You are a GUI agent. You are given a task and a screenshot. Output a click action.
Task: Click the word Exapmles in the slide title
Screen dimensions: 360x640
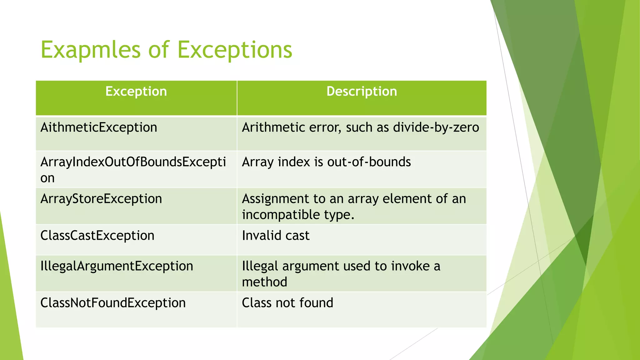tap(91, 50)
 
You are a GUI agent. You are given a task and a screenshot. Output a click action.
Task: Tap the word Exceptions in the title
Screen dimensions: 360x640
tap(235, 50)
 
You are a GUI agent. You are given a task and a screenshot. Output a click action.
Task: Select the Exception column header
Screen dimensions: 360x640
tap(136, 91)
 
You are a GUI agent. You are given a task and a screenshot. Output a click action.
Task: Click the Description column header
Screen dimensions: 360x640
tap(362, 91)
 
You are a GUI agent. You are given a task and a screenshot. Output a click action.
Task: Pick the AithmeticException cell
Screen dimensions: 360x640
tap(99, 127)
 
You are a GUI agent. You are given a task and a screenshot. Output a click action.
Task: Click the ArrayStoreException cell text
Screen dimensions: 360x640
tap(101, 199)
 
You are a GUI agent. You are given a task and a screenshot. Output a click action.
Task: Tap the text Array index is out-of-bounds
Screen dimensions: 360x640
tap(326, 162)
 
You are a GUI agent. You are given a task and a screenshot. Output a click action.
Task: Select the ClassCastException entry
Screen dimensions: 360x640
tap(97, 236)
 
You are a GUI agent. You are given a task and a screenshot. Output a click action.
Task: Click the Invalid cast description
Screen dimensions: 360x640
tap(276, 236)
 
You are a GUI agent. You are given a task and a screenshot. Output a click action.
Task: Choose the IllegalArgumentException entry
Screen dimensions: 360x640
tap(117, 266)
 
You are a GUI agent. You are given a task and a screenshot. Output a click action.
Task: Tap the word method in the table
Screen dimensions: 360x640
tap(264, 282)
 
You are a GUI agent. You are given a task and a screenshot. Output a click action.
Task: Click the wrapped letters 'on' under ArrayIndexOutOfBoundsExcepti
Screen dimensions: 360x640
tap(47, 178)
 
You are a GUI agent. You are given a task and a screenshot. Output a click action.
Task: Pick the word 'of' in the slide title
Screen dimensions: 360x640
tap(159, 50)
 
